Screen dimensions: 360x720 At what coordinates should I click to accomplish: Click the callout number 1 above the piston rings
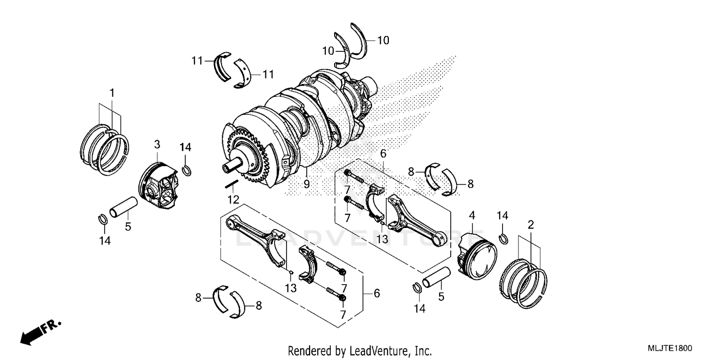112,93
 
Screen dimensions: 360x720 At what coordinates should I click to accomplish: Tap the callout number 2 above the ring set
530,224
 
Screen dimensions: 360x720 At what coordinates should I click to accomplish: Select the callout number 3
156,144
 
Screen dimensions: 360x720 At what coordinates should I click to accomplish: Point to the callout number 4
472,215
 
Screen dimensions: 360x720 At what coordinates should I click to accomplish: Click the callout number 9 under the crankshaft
306,183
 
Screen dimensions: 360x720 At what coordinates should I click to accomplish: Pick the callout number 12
233,198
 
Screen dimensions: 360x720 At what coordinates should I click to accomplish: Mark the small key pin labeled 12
231,183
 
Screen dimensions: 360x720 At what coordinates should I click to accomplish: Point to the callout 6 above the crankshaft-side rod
383,154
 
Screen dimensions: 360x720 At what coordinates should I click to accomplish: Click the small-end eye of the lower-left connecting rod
232,222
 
